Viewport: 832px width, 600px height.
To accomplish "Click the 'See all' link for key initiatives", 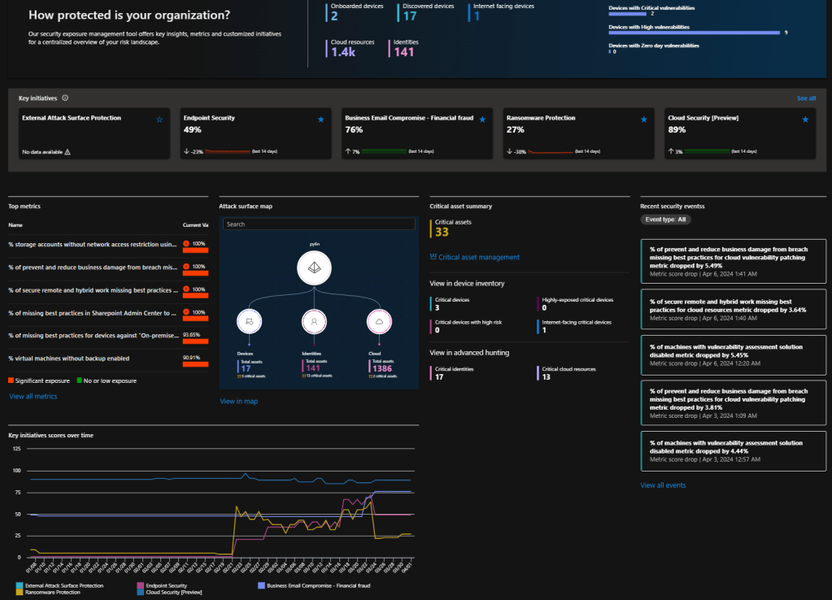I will (x=806, y=98).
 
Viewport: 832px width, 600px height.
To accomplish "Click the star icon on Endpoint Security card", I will (x=321, y=119).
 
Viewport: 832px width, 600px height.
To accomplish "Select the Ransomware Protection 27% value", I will (x=515, y=129).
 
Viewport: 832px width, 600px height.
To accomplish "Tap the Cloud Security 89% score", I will (x=676, y=129).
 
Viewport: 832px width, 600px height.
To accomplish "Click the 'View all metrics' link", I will (x=33, y=396).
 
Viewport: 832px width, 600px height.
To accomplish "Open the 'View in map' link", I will (x=238, y=401).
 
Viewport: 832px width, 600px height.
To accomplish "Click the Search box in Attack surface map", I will (x=319, y=224).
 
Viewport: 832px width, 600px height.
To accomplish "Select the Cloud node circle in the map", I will (x=379, y=322).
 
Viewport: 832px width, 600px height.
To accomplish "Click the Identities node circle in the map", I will (x=314, y=322).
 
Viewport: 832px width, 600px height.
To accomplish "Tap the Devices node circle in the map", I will (x=249, y=322).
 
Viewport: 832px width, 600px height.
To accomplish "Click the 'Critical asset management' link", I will (x=478, y=257).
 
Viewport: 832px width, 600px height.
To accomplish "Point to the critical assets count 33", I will (x=442, y=232).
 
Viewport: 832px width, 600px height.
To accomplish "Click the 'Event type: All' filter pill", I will (x=666, y=220).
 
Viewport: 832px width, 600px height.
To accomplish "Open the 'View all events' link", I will (x=663, y=485).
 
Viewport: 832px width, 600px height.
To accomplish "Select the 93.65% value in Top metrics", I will (x=192, y=334).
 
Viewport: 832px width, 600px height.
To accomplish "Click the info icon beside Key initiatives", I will (x=65, y=98).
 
